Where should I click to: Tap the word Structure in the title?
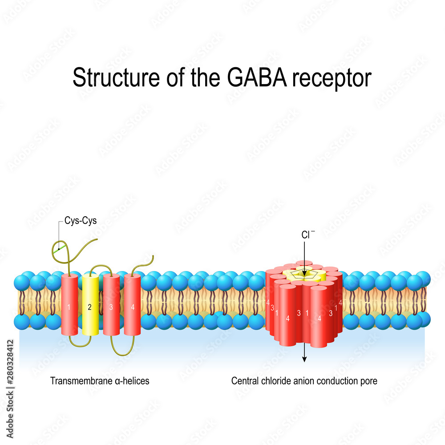point(107,78)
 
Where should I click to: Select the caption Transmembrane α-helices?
point(100,381)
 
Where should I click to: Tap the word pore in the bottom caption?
point(369,381)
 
